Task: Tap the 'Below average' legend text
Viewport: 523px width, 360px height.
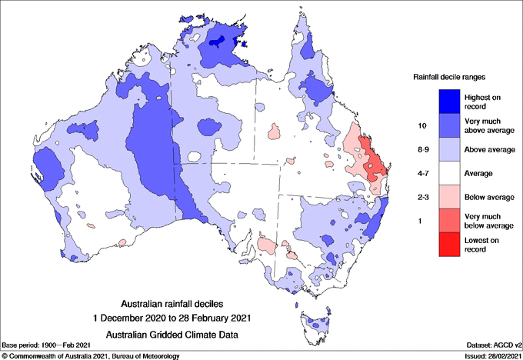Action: [489, 198]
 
